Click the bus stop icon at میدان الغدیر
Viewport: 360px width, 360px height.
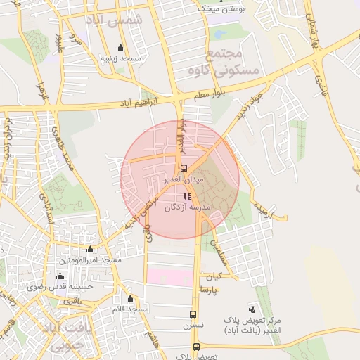(184, 169)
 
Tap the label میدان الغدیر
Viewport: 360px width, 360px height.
(184, 179)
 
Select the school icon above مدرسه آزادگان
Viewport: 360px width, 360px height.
(187, 197)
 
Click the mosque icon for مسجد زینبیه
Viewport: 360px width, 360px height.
(120, 48)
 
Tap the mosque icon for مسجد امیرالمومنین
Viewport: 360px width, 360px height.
(90, 250)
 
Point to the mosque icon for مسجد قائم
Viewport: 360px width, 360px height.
(131, 298)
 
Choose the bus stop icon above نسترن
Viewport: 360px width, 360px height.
(193, 315)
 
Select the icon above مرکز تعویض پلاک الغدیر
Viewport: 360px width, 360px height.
(252, 309)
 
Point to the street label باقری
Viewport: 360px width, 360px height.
(73, 301)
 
